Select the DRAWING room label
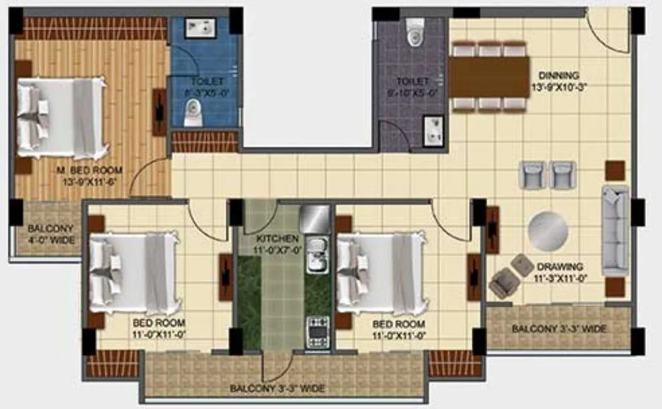click(x=560, y=266)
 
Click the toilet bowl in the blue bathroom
click(x=192, y=113)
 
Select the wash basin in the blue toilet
click(x=201, y=28)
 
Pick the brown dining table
click(x=488, y=77)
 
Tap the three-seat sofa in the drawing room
click(x=615, y=230)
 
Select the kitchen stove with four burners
click(x=317, y=330)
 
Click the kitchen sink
click(x=316, y=255)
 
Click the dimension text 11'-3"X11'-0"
click(x=560, y=278)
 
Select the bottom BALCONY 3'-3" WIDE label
click(x=277, y=388)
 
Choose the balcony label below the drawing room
click(x=559, y=329)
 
